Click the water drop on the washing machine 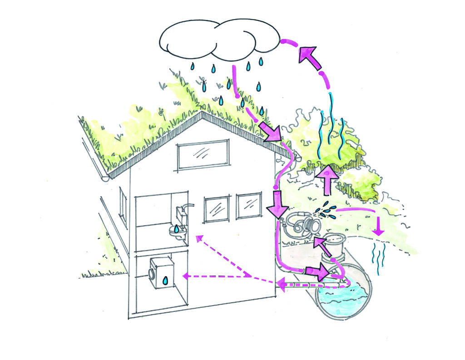pos(166,281)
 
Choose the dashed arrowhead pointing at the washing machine pos(185,275)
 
